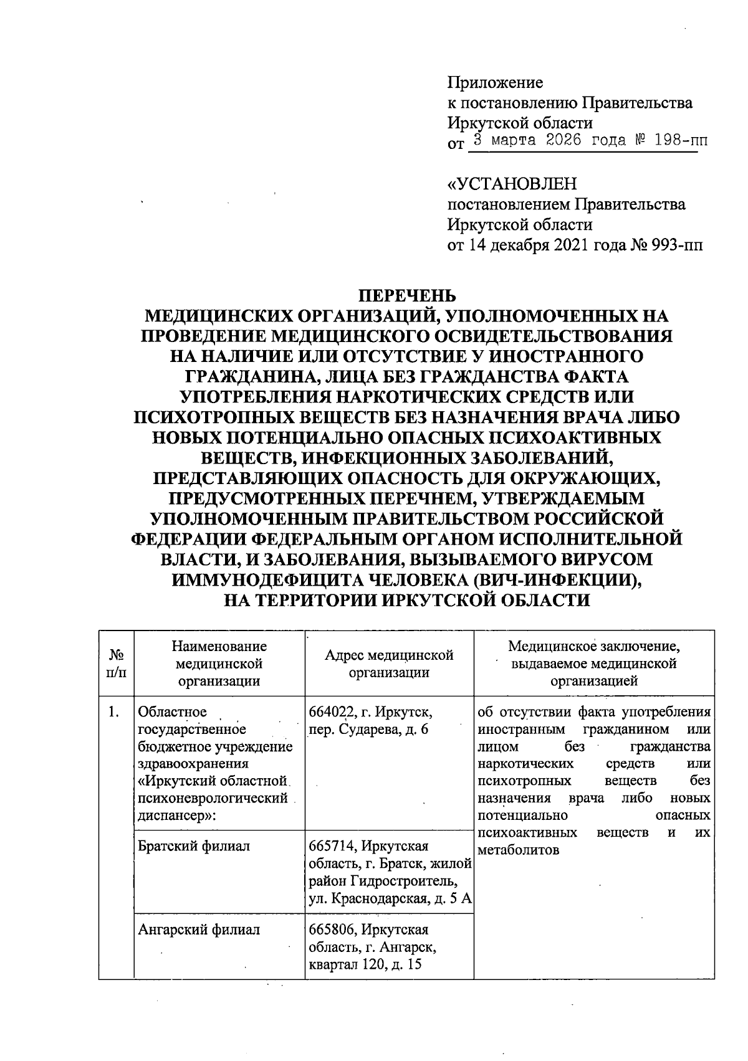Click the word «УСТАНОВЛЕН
pos(512,184)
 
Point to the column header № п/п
pos(116,664)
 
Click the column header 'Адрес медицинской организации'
pos(389,664)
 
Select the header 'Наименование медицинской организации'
pos(219,664)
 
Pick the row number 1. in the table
pos(113,712)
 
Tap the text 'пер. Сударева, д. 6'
pos(369,730)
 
